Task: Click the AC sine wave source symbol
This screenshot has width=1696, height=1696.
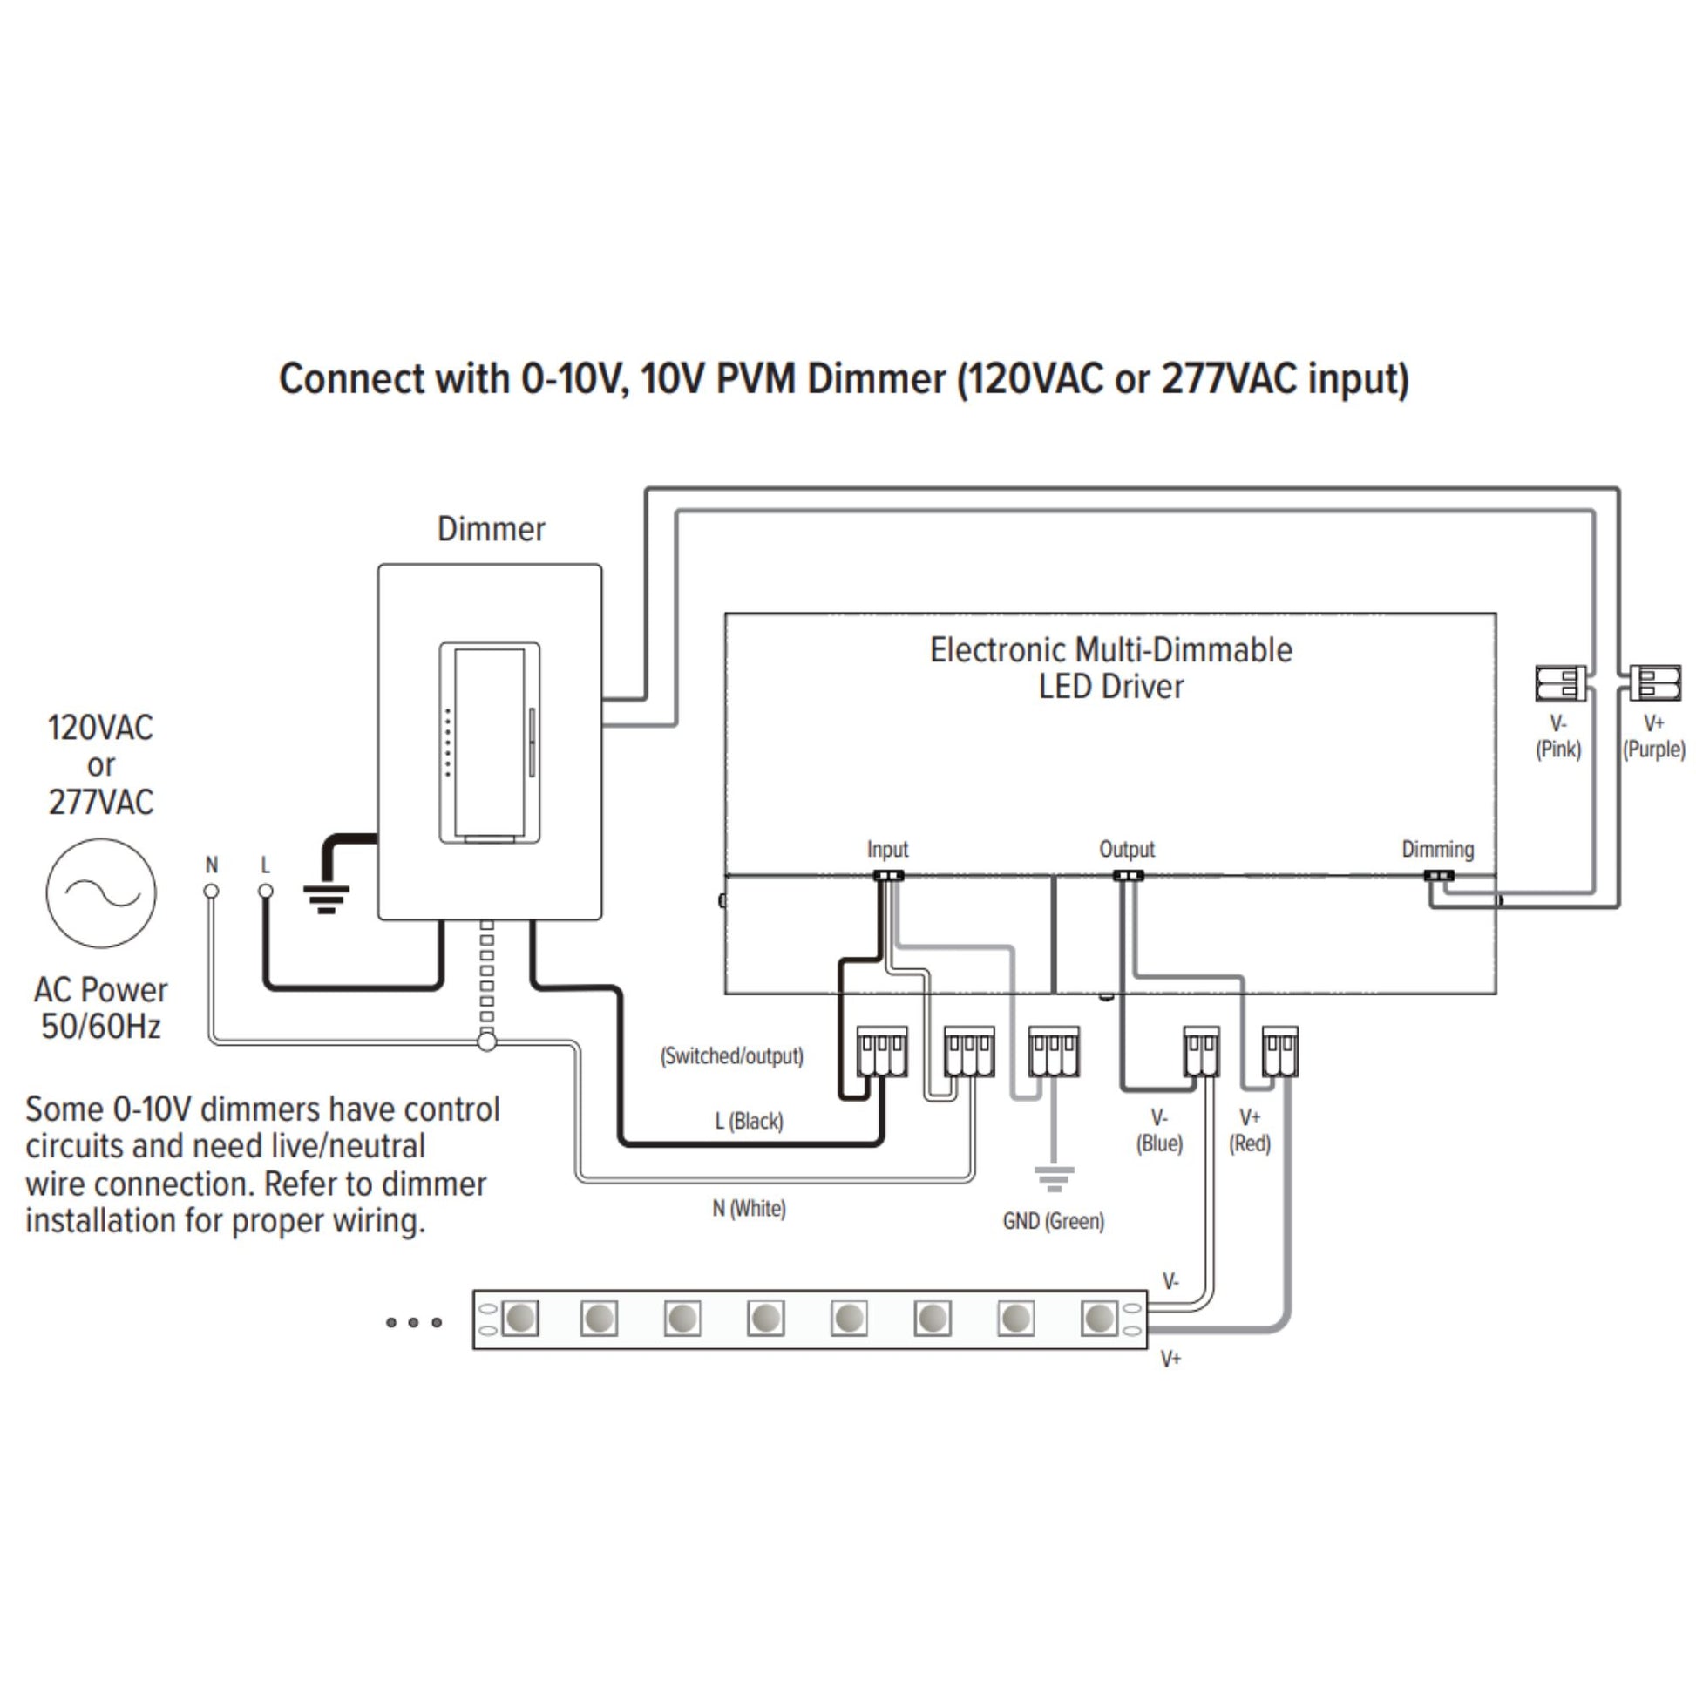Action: [x=101, y=892]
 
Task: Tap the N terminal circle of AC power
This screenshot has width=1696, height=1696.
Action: [x=212, y=891]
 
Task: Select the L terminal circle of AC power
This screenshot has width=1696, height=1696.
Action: [x=265, y=891]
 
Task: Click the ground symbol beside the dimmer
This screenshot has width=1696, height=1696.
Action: [x=327, y=897]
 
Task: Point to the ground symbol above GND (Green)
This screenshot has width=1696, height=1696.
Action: [x=1054, y=1177]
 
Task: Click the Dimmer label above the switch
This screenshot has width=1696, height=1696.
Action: [x=491, y=529]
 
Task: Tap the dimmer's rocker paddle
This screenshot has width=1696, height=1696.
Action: [x=489, y=743]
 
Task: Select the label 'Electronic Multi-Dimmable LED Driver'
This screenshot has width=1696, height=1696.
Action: [x=1110, y=668]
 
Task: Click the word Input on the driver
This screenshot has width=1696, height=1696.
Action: [x=887, y=850]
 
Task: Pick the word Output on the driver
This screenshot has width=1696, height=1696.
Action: [x=1127, y=850]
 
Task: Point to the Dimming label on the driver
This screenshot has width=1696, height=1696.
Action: [x=1437, y=849]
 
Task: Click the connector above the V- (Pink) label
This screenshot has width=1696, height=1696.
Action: [x=1560, y=683]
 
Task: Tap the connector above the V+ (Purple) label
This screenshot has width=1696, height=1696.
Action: [x=1655, y=683]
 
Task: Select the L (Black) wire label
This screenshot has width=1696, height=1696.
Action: [x=749, y=1121]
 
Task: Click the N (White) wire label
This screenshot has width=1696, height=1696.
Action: [x=749, y=1209]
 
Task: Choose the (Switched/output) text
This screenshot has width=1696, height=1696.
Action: [x=731, y=1056]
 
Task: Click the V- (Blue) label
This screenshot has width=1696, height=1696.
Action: [x=1159, y=1130]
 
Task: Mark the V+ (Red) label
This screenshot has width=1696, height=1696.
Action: [x=1249, y=1130]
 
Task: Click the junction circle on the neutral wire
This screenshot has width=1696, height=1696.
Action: [x=487, y=1042]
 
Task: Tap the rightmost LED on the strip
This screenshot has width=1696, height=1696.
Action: [x=1099, y=1319]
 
